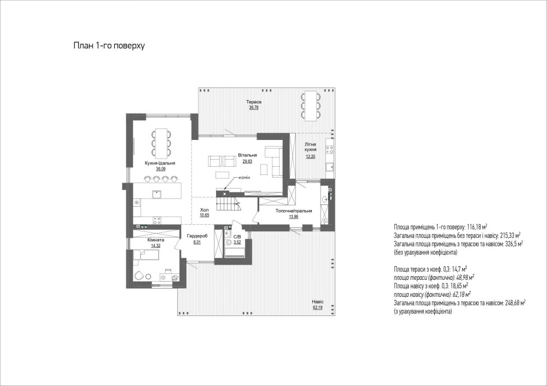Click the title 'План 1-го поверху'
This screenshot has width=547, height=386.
point(109,46)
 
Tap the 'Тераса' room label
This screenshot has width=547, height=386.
point(254,102)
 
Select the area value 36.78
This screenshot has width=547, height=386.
point(254,108)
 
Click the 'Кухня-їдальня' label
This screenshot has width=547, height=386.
point(160,163)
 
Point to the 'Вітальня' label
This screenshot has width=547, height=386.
point(248,155)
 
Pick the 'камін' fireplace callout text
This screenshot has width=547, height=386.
point(244,178)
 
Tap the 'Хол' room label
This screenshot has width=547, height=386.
point(205,210)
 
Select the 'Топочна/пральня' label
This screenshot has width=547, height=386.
point(294,210)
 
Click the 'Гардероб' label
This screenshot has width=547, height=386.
point(197,236)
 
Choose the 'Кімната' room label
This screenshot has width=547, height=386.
point(155,240)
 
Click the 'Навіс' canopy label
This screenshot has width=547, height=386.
point(318,302)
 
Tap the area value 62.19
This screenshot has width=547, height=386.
point(318,307)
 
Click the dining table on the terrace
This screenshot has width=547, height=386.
point(311,106)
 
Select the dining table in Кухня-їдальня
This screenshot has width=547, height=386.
point(161,143)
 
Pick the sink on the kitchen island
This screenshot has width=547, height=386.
point(156,194)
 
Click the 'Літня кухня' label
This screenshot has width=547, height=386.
point(310,147)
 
